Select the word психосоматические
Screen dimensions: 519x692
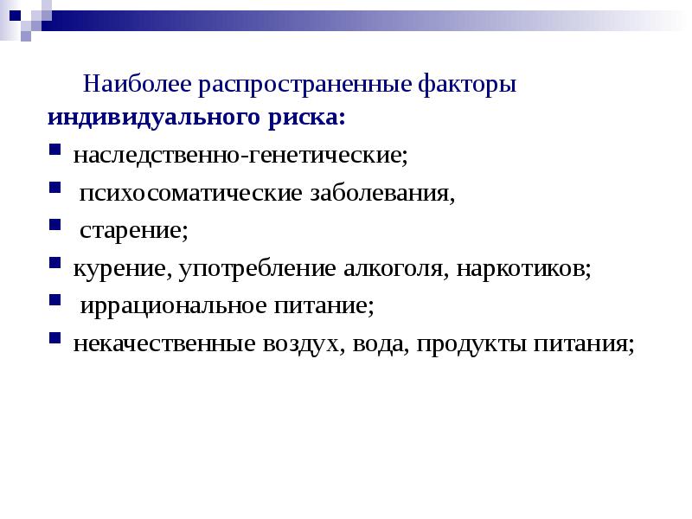190,193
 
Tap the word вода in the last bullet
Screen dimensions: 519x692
379,344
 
